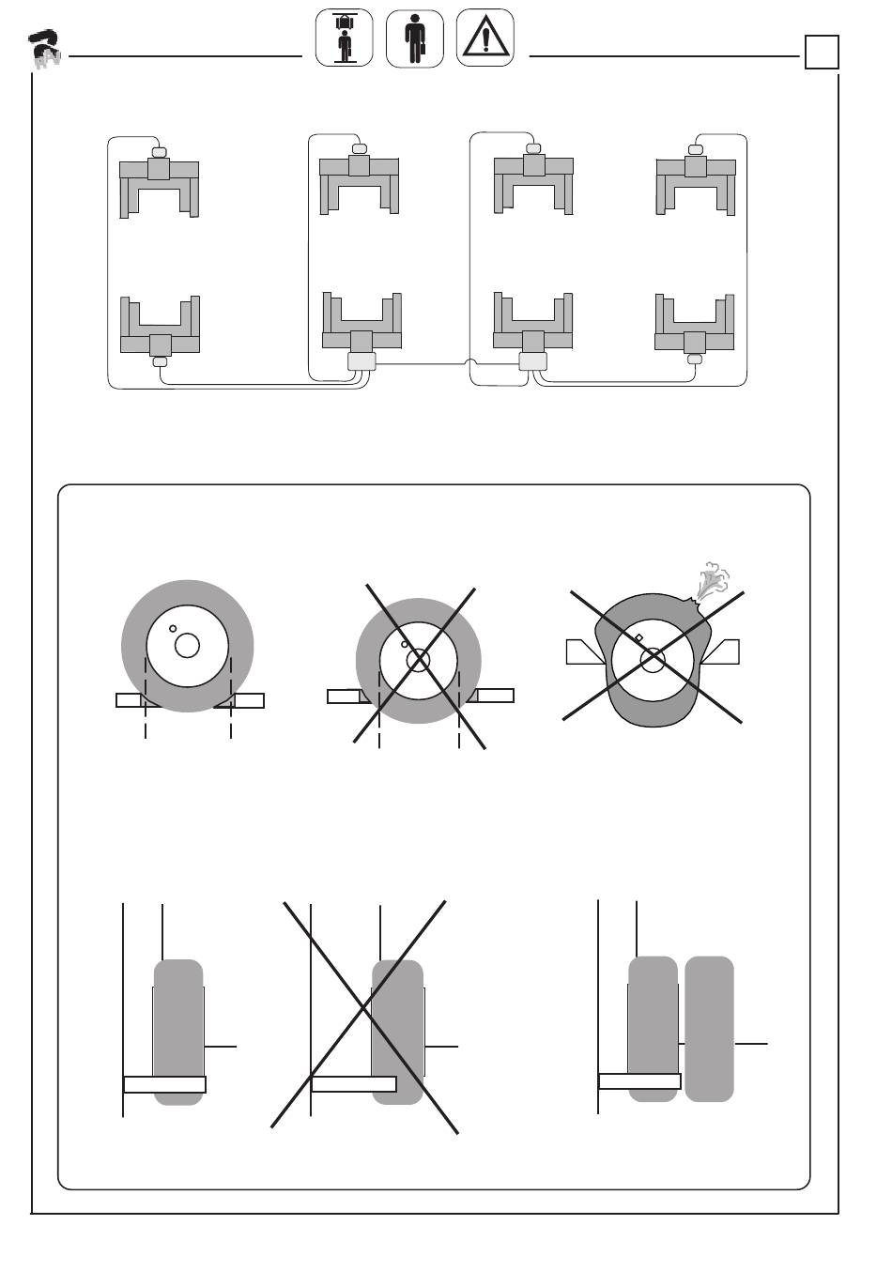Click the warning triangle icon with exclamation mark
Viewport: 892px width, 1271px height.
(484, 38)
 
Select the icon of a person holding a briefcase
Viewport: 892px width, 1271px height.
(414, 38)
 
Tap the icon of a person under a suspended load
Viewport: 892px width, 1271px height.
(344, 38)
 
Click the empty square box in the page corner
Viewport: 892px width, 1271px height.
(821, 53)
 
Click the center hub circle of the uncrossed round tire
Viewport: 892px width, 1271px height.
(187, 646)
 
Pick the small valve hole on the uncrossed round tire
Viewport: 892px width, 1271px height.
(173, 629)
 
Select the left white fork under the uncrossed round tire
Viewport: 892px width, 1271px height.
(129, 700)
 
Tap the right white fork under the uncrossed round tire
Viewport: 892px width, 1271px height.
(249, 700)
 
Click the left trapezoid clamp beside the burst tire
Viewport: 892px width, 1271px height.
(584, 651)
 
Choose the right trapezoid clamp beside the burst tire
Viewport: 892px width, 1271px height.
(721, 651)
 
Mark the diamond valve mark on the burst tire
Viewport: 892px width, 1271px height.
(638, 638)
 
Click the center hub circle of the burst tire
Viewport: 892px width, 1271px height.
(653, 660)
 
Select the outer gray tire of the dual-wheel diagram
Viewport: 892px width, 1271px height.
(709, 1028)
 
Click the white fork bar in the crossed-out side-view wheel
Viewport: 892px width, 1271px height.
(353, 1084)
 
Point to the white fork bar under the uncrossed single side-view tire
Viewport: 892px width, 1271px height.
(164, 1085)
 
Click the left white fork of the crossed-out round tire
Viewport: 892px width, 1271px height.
(343, 696)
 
